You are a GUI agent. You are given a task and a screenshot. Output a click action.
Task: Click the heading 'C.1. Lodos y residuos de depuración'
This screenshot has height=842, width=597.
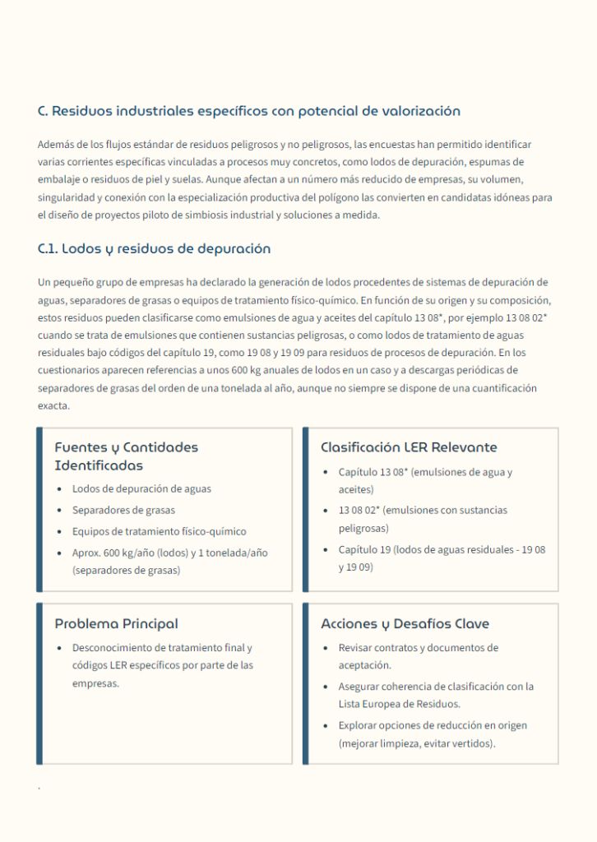coord(154,248)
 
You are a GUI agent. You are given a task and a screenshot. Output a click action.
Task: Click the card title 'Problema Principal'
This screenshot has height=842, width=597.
coord(116,624)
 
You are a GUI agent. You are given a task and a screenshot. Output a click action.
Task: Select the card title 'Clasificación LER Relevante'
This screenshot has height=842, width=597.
coord(409,447)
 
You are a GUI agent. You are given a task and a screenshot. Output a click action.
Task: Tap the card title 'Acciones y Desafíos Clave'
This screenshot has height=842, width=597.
coord(405,624)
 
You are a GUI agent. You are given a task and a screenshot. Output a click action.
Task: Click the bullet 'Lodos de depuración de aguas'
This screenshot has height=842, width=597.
coord(141,488)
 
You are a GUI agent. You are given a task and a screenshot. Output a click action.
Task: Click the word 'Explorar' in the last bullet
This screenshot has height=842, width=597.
coord(358,725)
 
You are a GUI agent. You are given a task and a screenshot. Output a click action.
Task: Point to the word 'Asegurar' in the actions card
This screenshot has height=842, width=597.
coord(359,686)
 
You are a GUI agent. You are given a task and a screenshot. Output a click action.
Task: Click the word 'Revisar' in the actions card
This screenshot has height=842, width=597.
coord(356,648)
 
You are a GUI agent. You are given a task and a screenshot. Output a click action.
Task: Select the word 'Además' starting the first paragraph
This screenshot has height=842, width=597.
coord(54,144)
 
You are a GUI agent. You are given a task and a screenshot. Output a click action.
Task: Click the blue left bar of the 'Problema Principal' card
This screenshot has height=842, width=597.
coord(39,683)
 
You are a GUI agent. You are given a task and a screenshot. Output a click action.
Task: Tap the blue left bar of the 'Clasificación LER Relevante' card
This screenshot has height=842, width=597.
coord(306,509)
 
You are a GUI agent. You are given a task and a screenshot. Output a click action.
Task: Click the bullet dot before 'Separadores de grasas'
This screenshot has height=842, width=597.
coord(59,511)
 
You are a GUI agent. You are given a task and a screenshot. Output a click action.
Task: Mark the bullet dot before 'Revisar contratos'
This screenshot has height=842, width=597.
coord(326,649)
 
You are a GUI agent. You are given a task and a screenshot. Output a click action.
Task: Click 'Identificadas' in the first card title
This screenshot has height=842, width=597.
coord(99,465)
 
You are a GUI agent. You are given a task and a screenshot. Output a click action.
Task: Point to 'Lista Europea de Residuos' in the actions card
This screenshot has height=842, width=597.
coord(391,704)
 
